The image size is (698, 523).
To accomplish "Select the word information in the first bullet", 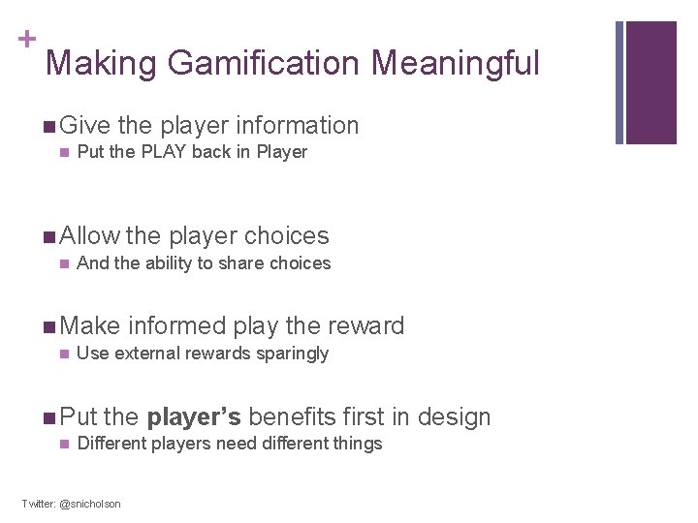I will point(298,126).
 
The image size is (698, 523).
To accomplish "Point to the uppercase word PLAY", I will point(161,152).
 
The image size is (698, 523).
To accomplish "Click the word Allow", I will point(89,236).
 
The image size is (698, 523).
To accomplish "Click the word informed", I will point(171,326).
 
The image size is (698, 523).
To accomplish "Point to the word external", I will point(144,354).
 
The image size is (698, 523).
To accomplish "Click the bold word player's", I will point(194,417).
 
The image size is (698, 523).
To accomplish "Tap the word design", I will point(453,417).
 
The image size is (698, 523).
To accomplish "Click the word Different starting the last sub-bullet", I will point(111,444).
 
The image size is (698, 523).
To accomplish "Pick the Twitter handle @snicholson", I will point(90,504).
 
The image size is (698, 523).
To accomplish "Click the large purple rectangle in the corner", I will point(650,82).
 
